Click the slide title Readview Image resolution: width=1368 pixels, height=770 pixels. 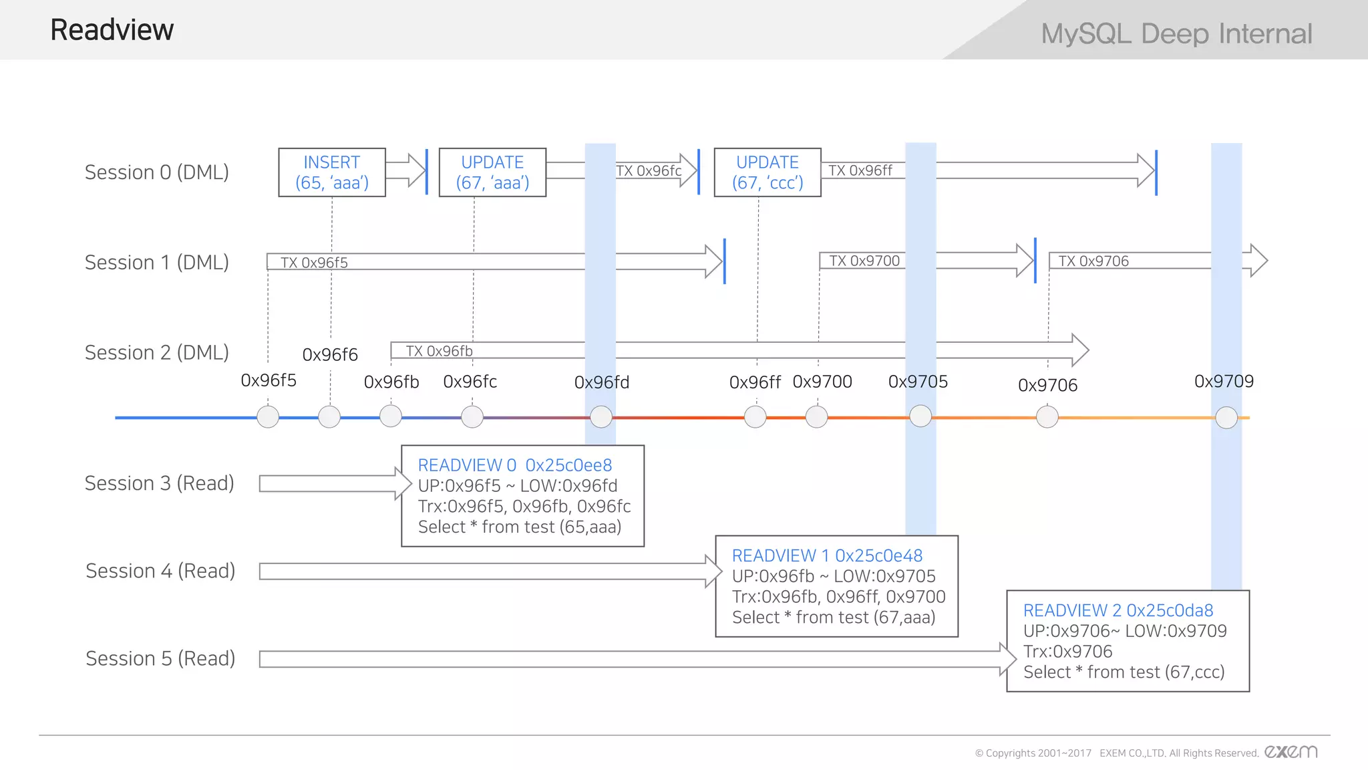click(x=112, y=30)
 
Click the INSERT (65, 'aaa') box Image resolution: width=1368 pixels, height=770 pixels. click(x=332, y=172)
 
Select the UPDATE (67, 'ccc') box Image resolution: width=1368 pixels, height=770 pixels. click(x=767, y=172)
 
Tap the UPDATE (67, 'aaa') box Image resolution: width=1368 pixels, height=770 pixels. click(x=492, y=172)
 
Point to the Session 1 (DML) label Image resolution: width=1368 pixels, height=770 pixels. click(x=156, y=263)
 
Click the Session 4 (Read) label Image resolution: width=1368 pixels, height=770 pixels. click(x=160, y=571)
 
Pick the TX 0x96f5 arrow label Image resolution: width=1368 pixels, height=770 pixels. click(x=314, y=263)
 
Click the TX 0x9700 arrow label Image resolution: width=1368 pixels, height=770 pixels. click(x=864, y=261)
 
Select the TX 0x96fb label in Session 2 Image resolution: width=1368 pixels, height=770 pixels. click(x=439, y=351)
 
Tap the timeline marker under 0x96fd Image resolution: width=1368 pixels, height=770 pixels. click(x=601, y=417)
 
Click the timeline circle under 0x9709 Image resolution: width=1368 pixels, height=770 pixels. click(x=1226, y=418)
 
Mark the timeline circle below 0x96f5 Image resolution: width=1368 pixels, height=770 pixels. click(x=268, y=417)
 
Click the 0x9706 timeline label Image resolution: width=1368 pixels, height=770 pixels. click(x=1047, y=386)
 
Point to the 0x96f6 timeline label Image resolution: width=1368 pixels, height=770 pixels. click(x=330, y=355)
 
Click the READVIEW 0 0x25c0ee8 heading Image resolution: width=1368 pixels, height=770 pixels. click(x=514, y=465)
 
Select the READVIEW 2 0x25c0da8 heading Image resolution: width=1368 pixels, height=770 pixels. click(x=1118, y=610)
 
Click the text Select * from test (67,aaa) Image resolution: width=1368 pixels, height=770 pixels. click(x=833, y=618)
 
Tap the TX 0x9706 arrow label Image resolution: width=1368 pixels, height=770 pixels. click(x=1093, y=261)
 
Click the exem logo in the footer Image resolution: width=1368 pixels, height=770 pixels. click(x=1291, y=752)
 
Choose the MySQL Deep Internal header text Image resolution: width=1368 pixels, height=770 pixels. click(x=1176, y=33)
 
